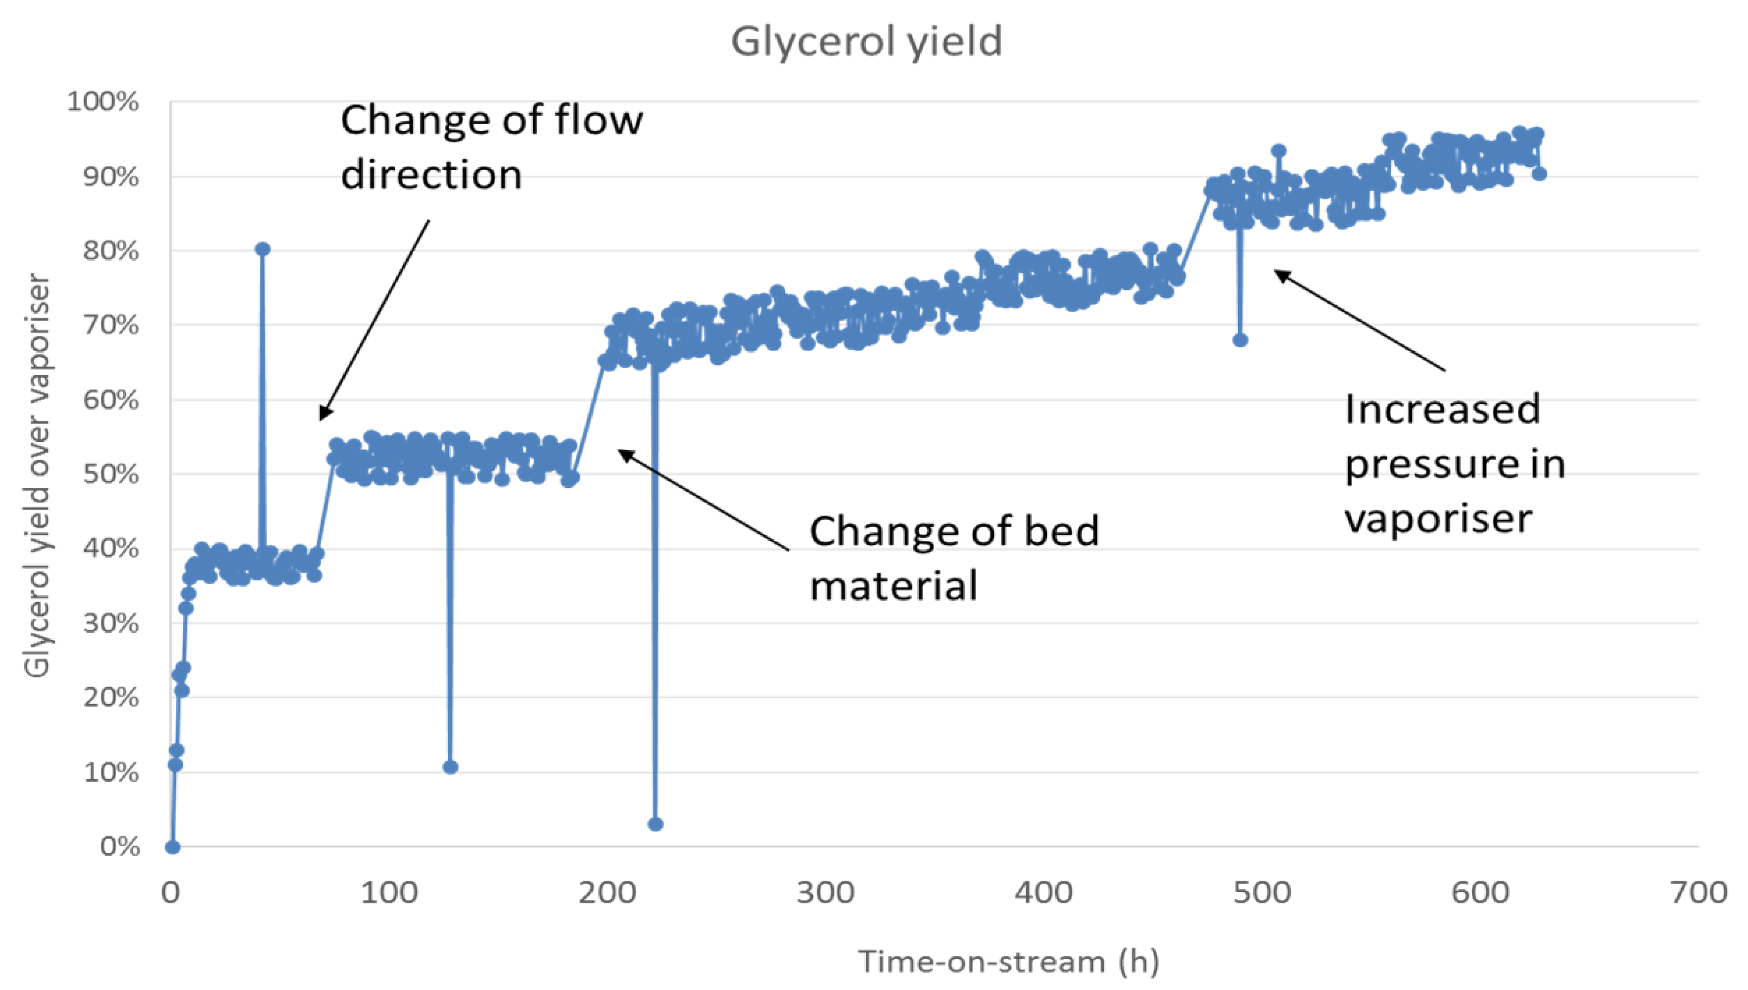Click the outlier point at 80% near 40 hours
(262, 249)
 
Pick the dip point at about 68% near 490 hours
(1240, 340)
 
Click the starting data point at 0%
(173, 847)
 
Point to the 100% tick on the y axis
(103, 102)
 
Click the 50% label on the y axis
(111, 474)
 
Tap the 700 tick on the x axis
(1698, 893)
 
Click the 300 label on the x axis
(825, 893)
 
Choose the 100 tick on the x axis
(389, 893)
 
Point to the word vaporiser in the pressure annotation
(1438, 518)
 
